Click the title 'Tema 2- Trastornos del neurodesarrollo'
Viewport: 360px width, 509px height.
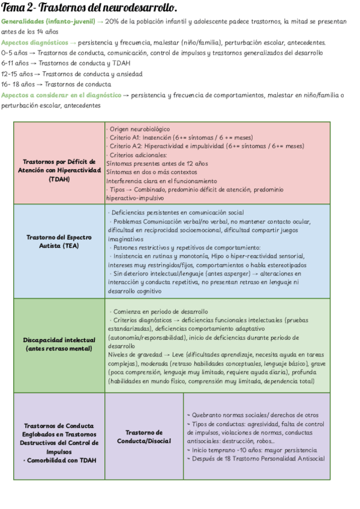(89, 8)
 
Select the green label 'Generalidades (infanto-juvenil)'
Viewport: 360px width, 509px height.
(47, 22)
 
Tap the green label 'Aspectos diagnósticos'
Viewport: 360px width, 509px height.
(34, 43)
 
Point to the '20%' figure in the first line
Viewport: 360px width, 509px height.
(113, 22)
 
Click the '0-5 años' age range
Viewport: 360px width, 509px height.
(15, 53)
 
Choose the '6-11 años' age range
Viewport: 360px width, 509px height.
(15, 63)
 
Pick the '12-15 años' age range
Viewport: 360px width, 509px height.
(17, 74)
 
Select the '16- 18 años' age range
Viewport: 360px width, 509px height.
(18, 84)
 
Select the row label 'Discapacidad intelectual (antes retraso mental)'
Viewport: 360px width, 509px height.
(59, 345)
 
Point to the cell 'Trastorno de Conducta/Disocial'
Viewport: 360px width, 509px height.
(143, 436)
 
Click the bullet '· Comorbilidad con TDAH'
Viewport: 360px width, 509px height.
(59, 460)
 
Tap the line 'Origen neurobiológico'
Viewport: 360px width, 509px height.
(139, 129)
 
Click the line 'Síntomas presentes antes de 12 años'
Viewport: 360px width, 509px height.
(157, 163)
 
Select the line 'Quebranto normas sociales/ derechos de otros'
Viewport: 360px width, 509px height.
(253, 415)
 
